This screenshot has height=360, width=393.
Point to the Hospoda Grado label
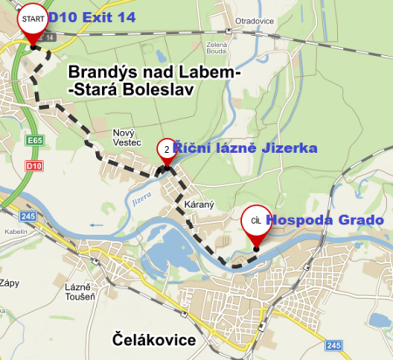(324, 220)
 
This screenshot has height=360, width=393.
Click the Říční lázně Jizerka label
(244, 149)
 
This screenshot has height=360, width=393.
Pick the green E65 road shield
(35, 140)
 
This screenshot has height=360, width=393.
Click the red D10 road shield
(35, 165)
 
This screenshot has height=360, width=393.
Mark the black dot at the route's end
(256, 248)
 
